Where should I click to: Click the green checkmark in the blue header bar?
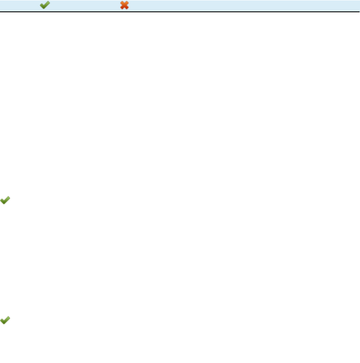tap(44, 5)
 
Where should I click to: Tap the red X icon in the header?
tap(124, 5)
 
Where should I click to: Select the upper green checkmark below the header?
tap(5, 201)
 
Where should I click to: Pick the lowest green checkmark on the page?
tap(5, 321)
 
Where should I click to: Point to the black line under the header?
tap(180, 12)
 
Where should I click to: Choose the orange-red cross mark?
tap(124, 5)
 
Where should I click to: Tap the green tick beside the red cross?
tap(44, 5)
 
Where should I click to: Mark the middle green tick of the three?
tap(5, 201)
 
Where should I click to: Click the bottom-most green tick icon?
tap(5, 321)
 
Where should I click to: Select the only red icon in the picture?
tap(124, 5)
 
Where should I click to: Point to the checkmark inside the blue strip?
tap(44, 5)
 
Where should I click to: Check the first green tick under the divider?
tap(5, 201)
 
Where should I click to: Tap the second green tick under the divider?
tap(5, 321)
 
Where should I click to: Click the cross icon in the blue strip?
tap(124, 5)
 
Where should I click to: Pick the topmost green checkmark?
tap(44, 5)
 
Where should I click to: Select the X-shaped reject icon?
tap(124, 5)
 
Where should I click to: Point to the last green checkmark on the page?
tap(5, 321)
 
